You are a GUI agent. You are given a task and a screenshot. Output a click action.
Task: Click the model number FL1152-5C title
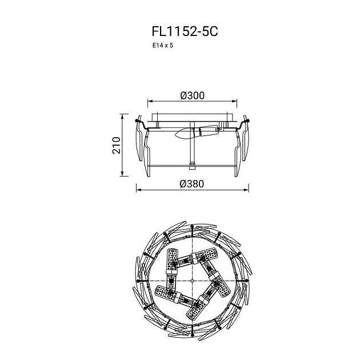(185, 31)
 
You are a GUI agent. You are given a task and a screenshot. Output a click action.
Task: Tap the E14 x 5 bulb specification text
(163, 46)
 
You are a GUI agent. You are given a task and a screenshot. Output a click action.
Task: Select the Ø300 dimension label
(192, 95)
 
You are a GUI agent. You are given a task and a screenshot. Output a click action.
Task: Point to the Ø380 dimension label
(191, 184)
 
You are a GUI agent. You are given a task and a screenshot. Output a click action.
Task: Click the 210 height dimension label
(117, 145)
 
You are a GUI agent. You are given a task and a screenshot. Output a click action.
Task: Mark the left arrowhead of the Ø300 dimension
(150, 101)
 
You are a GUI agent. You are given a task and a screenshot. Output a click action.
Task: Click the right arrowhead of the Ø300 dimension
(234, 101)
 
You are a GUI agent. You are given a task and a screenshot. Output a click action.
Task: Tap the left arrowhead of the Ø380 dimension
(139, 190)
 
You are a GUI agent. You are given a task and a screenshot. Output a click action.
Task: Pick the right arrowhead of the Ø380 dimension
(246, 190)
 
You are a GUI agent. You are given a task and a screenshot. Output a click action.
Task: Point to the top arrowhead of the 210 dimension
(122, 117)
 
